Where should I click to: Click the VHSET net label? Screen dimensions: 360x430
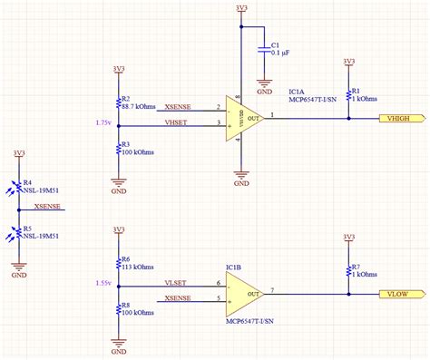(x=177, y=122)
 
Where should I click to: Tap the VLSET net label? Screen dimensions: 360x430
(x=176, y=283)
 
